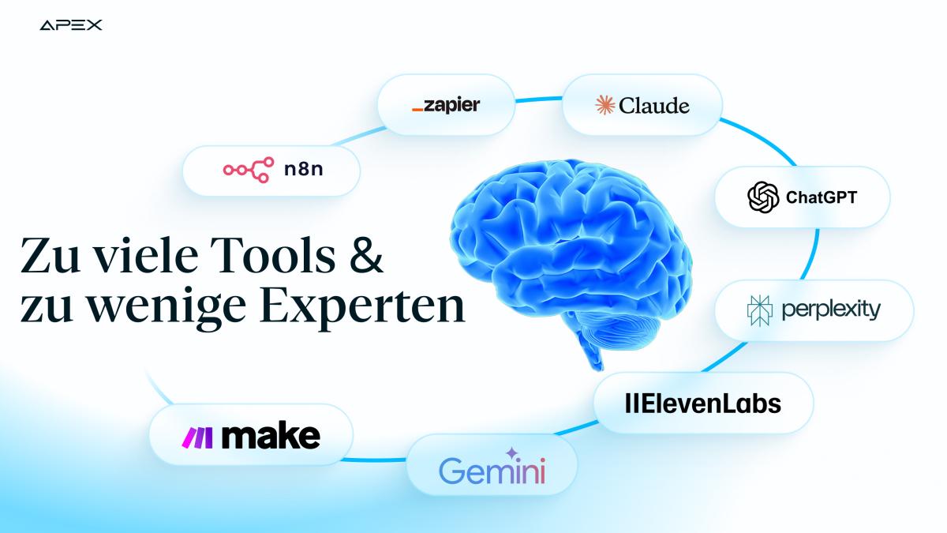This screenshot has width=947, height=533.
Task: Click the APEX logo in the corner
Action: (x=70, y=25)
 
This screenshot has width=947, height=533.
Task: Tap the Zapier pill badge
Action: (x=446, y=105)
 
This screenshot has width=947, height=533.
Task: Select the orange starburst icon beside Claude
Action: (x=605, y=105)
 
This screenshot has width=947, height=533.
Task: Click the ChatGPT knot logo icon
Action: (x=762, y=197)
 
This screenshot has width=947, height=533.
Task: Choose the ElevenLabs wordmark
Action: (x=702, y=404)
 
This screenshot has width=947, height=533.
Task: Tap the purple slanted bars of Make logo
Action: (x=198, y=436)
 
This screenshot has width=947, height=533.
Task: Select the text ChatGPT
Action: (x=821, y=197)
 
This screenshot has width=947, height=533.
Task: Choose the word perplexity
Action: (x=830, y=310)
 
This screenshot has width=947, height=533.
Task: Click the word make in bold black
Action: (x=271, y=436)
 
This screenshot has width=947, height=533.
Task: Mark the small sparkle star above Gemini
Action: (x=511, y=452)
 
